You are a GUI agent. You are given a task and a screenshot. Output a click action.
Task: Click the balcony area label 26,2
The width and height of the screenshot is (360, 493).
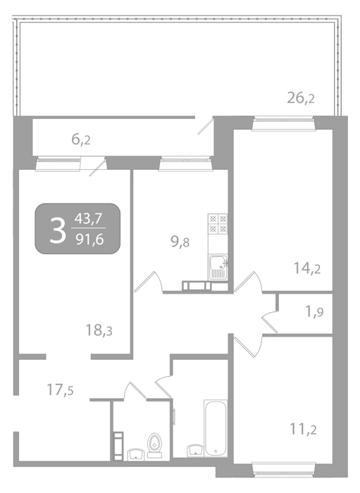coord(301,98)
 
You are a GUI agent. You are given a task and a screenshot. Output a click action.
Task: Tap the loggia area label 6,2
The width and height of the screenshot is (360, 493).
coord(81,139)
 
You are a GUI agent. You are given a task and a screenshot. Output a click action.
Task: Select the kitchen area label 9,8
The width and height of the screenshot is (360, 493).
coord(180,242)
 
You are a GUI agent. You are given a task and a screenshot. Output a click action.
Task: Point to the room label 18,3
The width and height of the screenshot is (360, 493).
coord(99,330)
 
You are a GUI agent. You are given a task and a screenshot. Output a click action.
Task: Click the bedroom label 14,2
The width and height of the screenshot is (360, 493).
coord(307,268)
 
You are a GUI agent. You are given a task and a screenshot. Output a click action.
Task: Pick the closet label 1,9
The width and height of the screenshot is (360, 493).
coord(314,312)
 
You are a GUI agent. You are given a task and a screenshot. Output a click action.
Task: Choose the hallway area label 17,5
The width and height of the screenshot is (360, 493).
coord(60,390)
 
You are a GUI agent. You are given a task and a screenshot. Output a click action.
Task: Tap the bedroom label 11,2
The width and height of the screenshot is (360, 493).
coord(303,429)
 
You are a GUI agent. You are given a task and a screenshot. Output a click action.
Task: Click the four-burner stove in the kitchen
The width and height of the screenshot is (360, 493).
coord(218,223)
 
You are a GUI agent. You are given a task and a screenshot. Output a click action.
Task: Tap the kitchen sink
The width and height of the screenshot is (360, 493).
coord(218,267)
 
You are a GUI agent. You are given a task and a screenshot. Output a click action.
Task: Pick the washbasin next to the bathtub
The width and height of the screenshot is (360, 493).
coord(195,450)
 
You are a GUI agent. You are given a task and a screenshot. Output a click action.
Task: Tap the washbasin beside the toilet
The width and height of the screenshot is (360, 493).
coord(136,454)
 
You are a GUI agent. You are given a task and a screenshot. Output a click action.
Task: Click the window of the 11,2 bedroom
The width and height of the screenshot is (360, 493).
coord(284,468)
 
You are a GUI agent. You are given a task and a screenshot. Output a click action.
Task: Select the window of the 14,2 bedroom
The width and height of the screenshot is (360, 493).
coord(284,123)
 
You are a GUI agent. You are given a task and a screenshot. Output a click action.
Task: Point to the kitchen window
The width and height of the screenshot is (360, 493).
coord(185,164)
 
